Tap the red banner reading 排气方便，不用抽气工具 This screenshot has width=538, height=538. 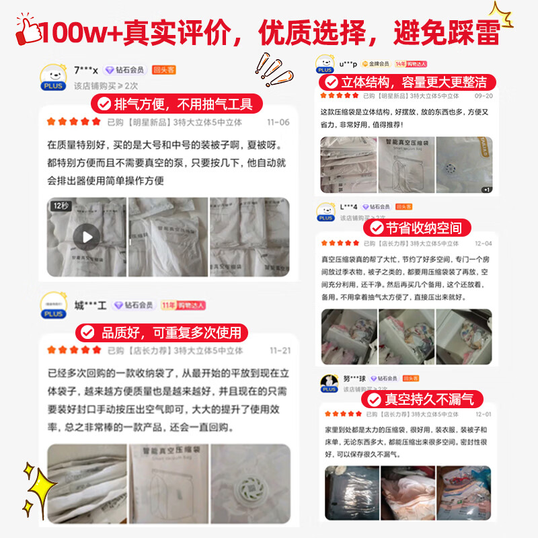tap(174, 104)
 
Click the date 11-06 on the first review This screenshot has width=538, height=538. tap(278, 122)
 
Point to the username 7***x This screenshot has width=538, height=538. tap(86, 70)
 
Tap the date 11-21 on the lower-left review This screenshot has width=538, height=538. tap(280, 350)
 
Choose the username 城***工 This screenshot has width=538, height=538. tap(90, 305)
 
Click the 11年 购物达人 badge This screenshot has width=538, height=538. tap(183, 305)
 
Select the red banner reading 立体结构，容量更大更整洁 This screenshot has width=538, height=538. tap(406, 83)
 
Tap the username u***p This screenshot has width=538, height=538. tap(348, 64)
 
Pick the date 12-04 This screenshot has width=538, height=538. tap(483, 243)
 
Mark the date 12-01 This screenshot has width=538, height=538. tap(483, 414)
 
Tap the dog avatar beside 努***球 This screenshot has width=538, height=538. tap(329, 382)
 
